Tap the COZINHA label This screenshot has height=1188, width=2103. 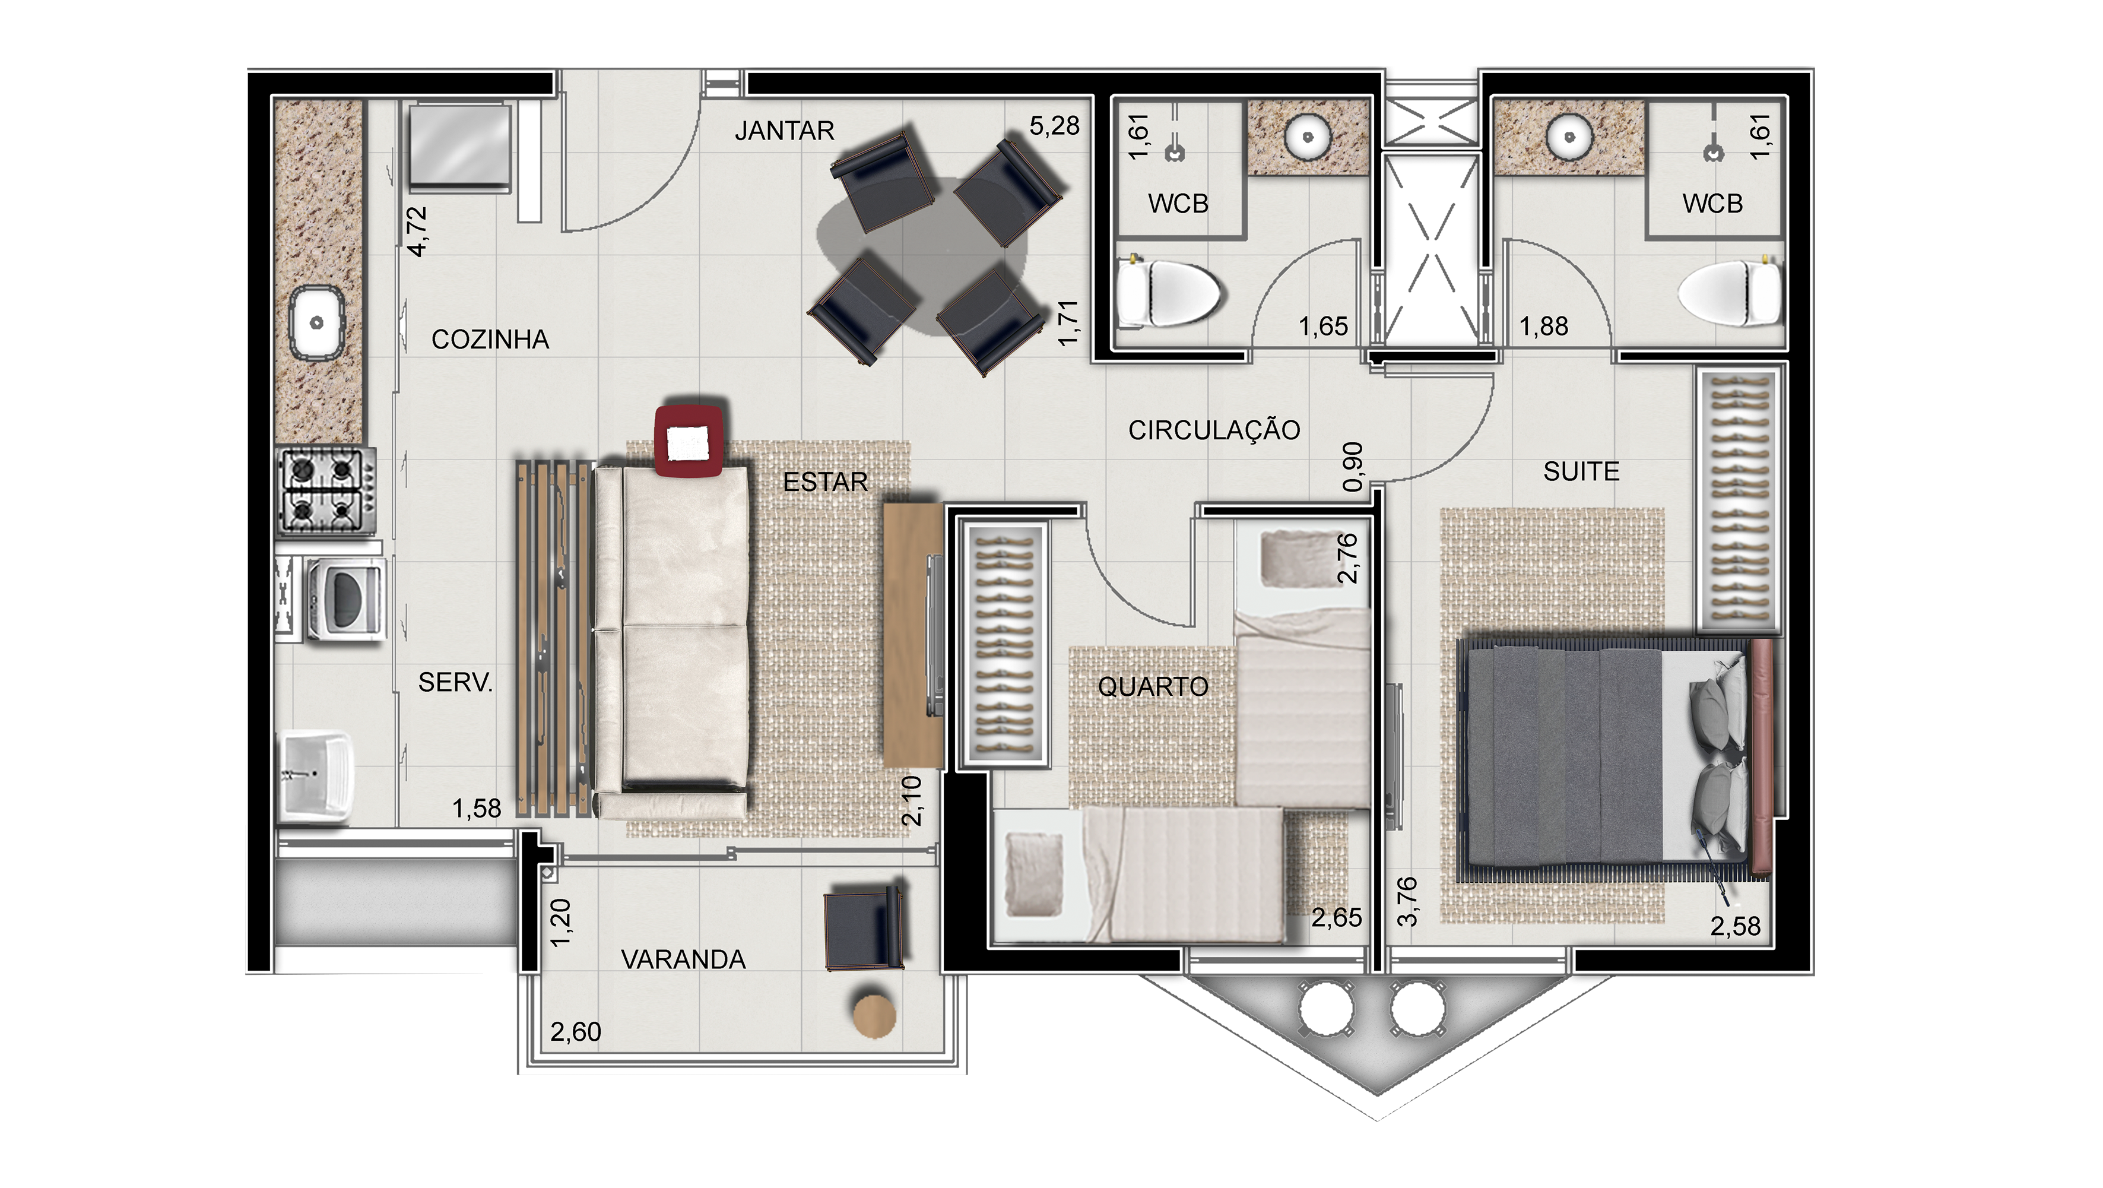click(490, 340)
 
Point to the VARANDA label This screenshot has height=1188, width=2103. click(683, 959)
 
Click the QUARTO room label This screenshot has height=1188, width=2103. click(1153, 687)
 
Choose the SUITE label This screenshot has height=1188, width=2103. click(1581, 471)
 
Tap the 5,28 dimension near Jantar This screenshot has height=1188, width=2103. click(1054, 126)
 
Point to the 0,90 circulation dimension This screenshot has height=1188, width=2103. click(1352, 467)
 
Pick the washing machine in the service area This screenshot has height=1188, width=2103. click(344, 598)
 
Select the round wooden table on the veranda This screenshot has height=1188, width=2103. click(874, 1015)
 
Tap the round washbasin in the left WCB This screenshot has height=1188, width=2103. click(1307, 137)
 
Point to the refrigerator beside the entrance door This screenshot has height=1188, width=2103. click(459, 147)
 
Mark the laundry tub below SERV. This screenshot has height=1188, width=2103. click(316, 775)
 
